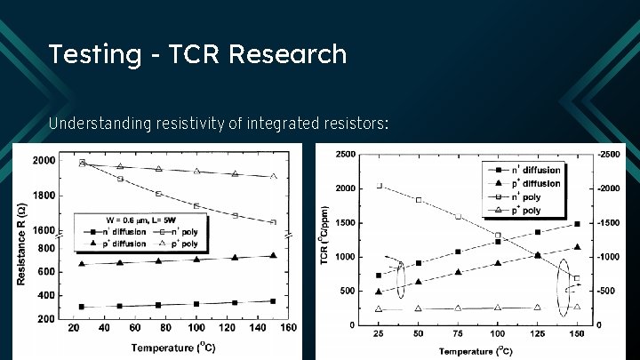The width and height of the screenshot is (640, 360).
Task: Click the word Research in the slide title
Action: pos(287,54)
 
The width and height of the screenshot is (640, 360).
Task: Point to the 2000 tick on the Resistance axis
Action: pos(44,161)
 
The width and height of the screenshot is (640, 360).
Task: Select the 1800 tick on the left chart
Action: pos(44,196)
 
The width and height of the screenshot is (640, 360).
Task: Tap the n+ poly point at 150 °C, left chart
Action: pos(273,221)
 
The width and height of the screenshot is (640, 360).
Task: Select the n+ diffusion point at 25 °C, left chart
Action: pos(82,307)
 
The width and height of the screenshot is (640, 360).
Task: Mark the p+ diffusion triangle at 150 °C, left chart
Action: pos(273,255)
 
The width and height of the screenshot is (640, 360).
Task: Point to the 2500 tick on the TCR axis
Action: pos(347,155)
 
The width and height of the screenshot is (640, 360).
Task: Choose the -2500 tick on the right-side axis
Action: pos(609,155)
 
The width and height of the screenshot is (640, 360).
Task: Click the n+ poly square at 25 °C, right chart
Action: pos(380,186)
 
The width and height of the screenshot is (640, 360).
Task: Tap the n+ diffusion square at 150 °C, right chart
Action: pos(577,224)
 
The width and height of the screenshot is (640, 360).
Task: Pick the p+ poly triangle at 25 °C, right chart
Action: pos(380,309)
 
